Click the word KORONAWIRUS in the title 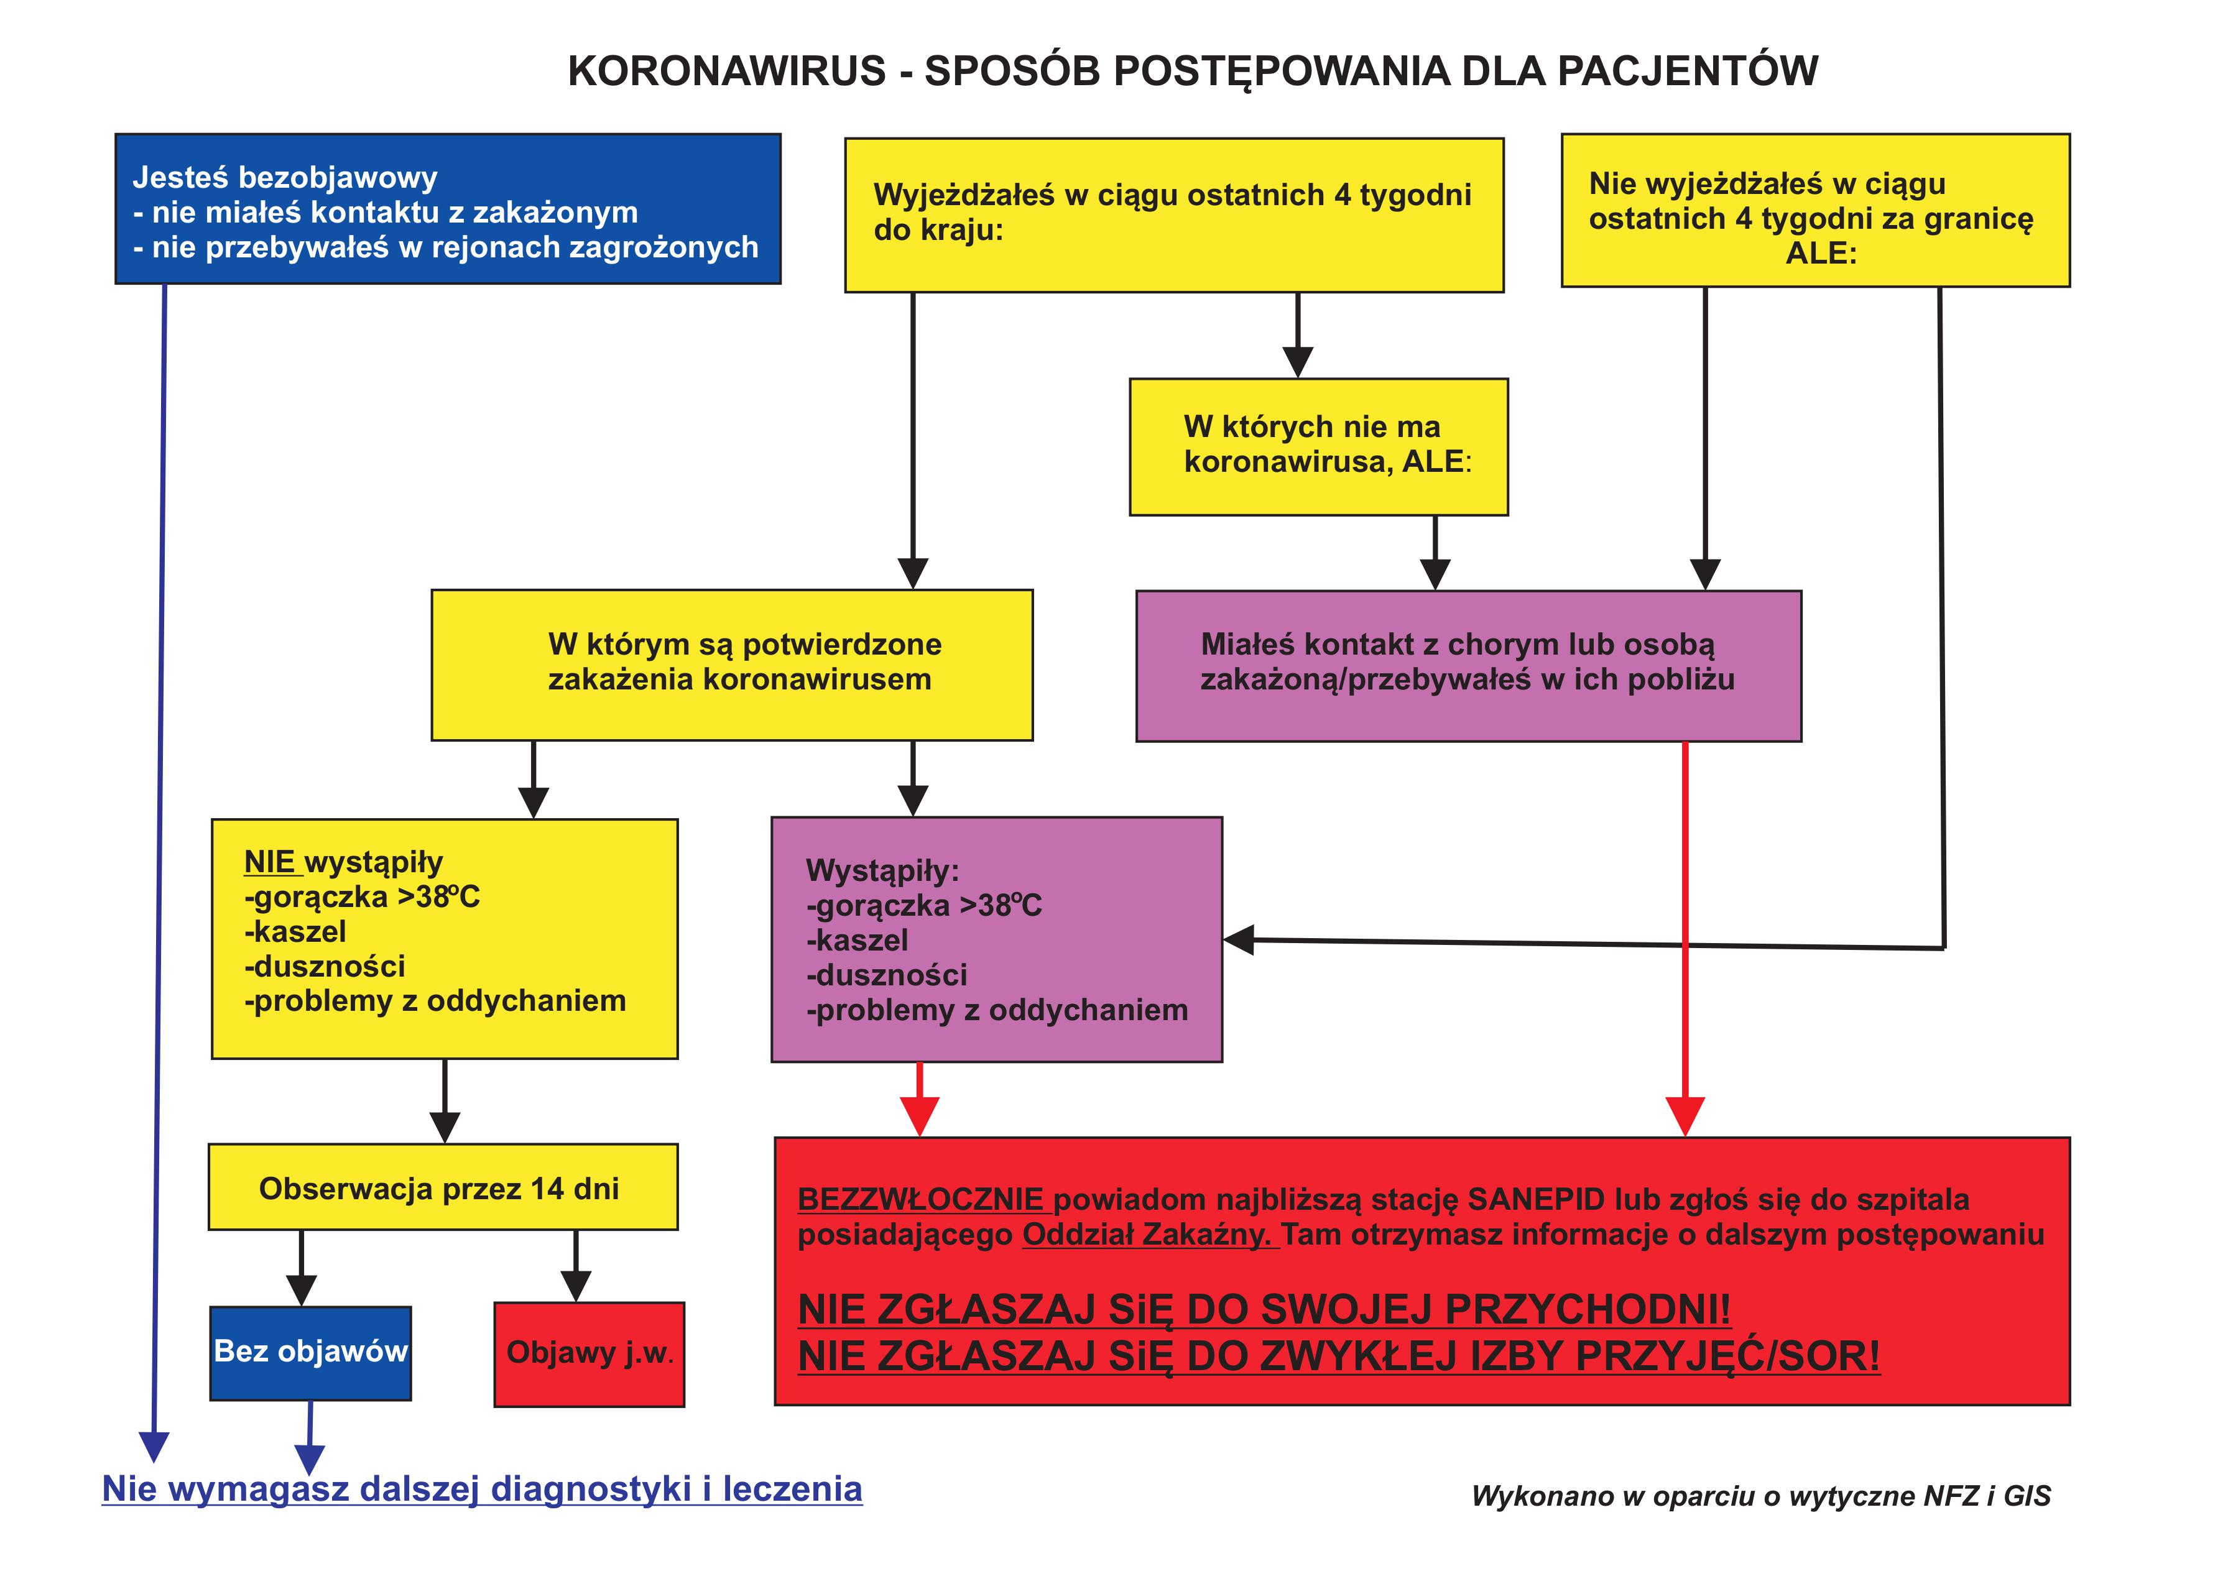pos(726,71)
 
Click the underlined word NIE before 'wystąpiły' pos(269,862)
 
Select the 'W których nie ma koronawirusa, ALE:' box pos(1318,446)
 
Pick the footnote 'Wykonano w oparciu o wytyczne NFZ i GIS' pos(1760,1495)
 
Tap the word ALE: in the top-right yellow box pos(1821,254)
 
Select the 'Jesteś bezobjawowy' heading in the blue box pos(285,177)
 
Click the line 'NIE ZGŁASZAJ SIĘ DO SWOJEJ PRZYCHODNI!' pos(1264,1309)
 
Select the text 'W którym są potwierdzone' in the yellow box pos(744,644)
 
